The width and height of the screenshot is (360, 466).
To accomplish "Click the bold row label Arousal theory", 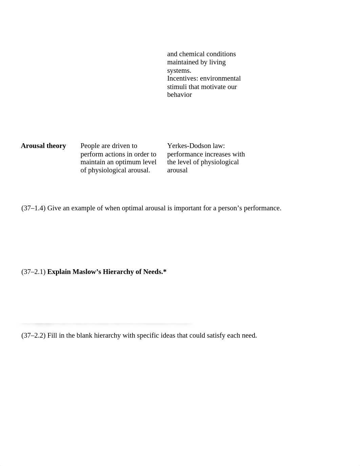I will (x=43, y=146).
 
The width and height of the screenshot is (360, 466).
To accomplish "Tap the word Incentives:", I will (x=183, y=79).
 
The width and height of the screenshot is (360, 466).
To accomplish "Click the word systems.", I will (x=179, y=71).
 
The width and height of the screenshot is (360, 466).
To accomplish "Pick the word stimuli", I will (x=177, y=87).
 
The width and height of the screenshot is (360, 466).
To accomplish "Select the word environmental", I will (x=220, y=79).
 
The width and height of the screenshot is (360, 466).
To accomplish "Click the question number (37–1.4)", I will (x=33, y=208).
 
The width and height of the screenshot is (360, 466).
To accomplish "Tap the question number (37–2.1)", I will (x=33, y=272).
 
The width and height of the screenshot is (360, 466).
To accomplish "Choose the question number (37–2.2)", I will (x=33, y=336).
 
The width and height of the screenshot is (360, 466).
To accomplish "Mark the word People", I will (x=90, y=146).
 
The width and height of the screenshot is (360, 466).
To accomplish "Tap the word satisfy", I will (x=217, y=336).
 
